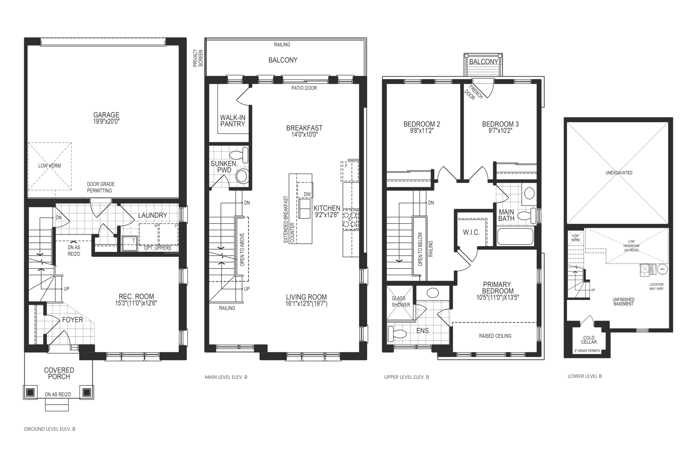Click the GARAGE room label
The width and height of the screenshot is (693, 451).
(106, 115)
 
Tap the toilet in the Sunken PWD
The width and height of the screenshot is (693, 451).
(240, 155)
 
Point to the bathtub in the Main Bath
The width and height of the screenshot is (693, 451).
(515, 236)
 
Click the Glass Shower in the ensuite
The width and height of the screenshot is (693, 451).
(400, 303)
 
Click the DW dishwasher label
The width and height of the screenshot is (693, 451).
(307, 194)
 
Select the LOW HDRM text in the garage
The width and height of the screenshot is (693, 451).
(50, 166)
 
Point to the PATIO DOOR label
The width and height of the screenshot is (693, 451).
(304, 88)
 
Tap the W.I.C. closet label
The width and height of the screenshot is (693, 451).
(471, 232)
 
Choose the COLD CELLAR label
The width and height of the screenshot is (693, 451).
(589, 340)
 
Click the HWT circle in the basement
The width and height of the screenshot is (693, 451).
(662, 269)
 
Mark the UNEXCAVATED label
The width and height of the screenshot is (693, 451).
(619, 173)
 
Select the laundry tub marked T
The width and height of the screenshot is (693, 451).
(129, 243)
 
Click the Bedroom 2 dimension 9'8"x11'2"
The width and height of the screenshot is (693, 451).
(422, 131)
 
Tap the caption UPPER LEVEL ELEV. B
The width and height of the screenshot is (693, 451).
(407, 377)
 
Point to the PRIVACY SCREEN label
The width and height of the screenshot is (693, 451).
(198, 58)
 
